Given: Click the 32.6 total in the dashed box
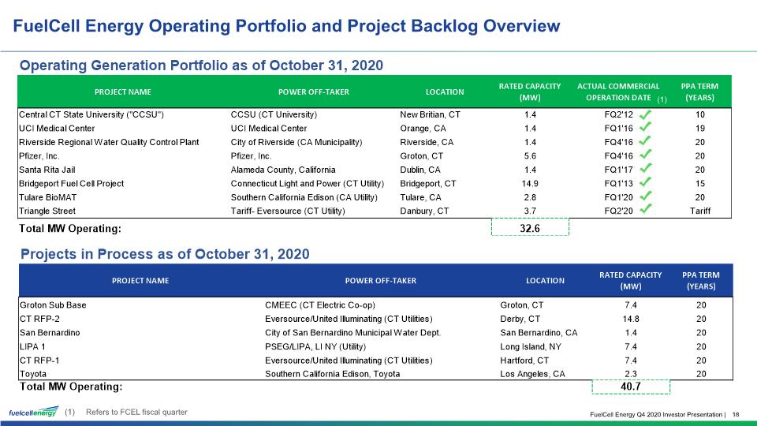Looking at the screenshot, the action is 530,228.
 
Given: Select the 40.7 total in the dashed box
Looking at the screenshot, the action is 631,387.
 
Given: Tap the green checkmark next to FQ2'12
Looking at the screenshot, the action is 646,114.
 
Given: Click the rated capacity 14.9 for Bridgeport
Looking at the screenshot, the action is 530,184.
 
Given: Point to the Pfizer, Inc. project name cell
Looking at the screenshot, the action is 39,156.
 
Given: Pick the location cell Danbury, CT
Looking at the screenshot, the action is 424,211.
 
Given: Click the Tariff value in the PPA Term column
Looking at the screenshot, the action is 700,211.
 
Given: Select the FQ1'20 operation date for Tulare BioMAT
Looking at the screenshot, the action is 618,197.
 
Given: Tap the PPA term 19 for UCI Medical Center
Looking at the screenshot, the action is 700,129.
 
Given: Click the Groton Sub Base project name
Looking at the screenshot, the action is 53,305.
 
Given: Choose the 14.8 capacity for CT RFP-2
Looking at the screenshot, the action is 631,319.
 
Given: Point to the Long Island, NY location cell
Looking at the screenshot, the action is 531,347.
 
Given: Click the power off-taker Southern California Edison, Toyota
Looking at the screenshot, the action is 332,374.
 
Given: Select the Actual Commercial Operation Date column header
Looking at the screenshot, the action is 618,92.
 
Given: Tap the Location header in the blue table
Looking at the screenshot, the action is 545,281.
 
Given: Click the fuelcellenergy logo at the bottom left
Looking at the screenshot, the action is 34,412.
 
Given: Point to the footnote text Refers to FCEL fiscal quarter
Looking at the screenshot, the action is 136,412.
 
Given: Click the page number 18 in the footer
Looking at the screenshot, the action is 736,414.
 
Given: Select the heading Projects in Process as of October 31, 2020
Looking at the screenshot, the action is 165,254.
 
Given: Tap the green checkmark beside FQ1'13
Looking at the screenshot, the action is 646,183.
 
